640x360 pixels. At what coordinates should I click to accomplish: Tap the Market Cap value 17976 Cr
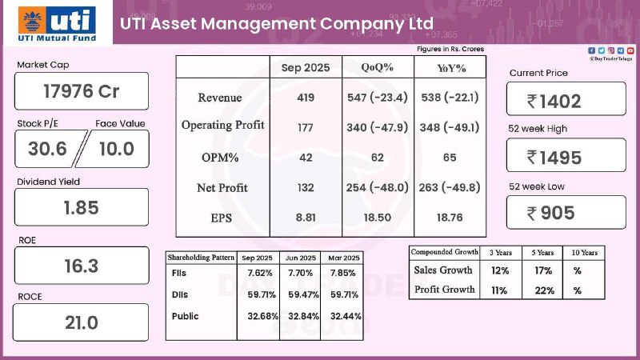(x=82, y=91)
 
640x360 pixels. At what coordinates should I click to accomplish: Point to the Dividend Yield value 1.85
(x=82, y=207)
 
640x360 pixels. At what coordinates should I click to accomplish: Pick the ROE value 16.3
(x=82, y=265)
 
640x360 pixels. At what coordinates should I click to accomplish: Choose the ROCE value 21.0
(x=82, y=322)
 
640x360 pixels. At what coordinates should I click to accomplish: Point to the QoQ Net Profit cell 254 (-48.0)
(x=378, y=188)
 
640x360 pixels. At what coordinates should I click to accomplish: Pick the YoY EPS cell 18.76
(x=448, y=218)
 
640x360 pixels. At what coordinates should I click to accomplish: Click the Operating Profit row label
(x=222, y=125)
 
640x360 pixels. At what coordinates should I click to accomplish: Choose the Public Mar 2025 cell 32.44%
(x=344, y=316)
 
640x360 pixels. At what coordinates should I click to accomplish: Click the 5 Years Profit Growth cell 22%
(x=545, y=290)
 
